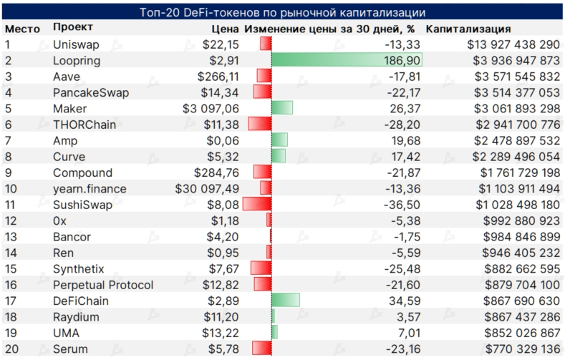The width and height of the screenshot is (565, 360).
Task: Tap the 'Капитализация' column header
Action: coord(468,29)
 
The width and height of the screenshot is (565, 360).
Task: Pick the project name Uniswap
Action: coord(76,44)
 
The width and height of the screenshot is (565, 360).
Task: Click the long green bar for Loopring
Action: coord(347,60)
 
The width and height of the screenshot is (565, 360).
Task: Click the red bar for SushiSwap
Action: coord(257,205)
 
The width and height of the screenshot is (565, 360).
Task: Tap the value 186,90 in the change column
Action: coord(400,60)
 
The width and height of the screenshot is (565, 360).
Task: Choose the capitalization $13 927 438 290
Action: coord(509,44)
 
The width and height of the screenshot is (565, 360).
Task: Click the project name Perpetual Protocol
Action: coord(103,285)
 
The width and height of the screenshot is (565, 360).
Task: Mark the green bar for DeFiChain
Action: coord(285,301)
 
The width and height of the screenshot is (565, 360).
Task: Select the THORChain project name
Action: coord(82,125)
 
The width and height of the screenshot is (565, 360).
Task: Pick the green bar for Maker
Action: coord(282,109)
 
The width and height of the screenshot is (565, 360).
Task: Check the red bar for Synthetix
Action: coord(261,269)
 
